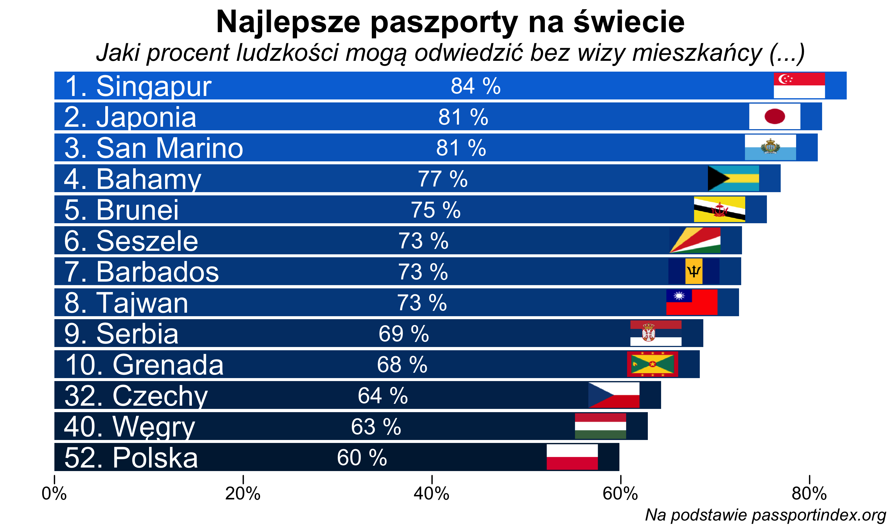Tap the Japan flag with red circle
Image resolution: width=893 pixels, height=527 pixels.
[775, 116]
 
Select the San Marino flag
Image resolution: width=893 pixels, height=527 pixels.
[770, 147]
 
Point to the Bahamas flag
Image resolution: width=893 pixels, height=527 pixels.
[733, 178]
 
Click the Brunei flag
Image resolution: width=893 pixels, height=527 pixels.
[720, 209]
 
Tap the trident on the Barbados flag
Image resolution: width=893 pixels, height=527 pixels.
[694, 271]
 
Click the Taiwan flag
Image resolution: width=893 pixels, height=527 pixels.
[692, 302]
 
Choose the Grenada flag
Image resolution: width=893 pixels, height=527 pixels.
[652, 364]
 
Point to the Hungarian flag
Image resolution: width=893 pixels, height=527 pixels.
[600, 426]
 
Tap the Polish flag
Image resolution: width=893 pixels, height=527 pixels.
[572, 457]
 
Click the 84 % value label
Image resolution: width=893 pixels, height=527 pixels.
[476, 86]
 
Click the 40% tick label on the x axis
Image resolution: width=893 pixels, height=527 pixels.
[432, 493]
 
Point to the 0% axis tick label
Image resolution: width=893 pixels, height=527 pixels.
[54, 493]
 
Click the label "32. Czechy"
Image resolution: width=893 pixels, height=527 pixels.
[136, 396]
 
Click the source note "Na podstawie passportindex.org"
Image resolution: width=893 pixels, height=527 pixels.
[765, 515]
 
